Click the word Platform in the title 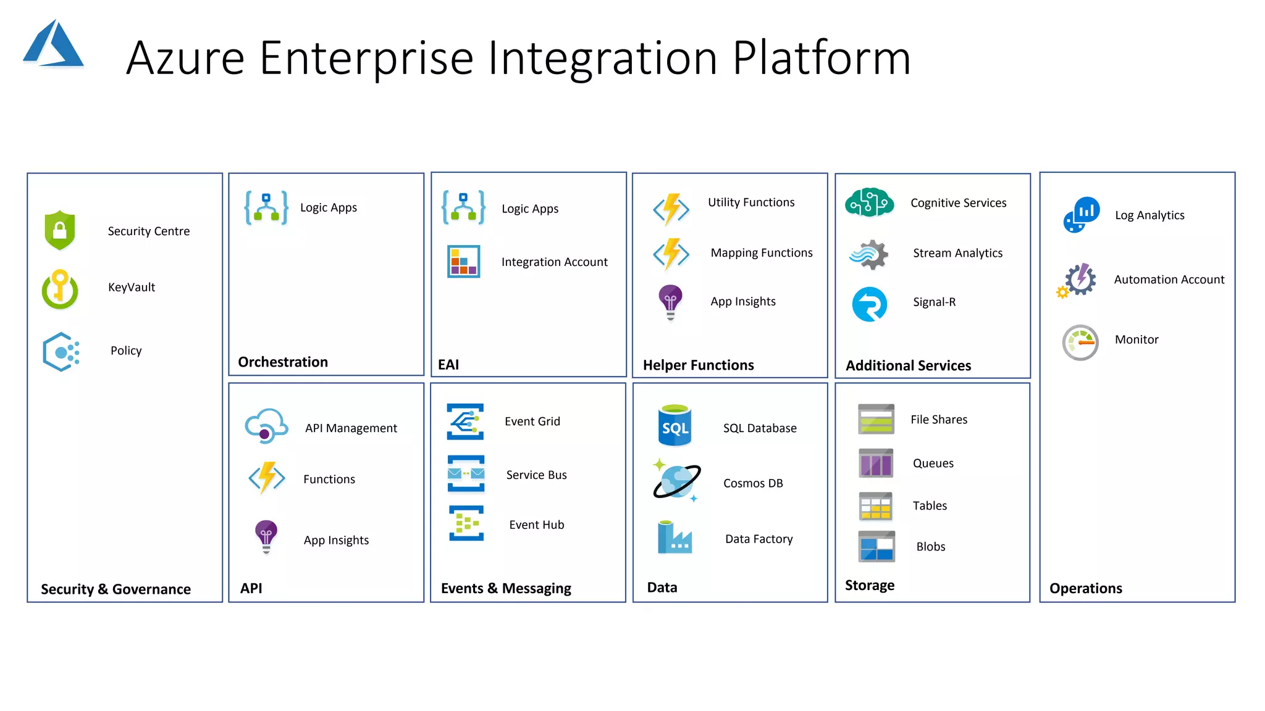point(822,58)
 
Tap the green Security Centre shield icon point(60,230)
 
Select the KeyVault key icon point(60,289)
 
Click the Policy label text point(126,351)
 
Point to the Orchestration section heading point(283,362)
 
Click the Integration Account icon point(463,262)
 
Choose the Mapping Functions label point(761,253)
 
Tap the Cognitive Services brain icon point(869,202)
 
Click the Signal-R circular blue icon point(869,304)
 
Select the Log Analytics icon point(1082,214)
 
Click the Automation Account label point(1169,280)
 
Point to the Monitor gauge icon point(1080,342)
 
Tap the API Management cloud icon point(266,426)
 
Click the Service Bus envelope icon point(466,473)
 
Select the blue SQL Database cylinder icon point(675,425)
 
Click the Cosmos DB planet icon point(676,481)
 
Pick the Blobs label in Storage point(930,547)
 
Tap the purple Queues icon point(876,463)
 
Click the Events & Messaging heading point(506,589)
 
